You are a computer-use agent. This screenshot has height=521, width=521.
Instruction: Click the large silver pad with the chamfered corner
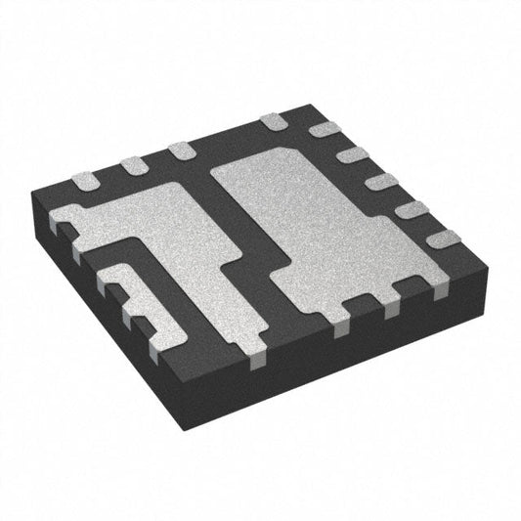(x=323, y=225)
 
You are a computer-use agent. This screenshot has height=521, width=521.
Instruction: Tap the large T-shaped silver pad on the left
(x=186, y=244)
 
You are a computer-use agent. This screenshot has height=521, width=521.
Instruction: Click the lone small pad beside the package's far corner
(x=273, y=121)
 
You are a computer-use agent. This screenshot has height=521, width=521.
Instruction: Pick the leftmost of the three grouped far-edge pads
(x=85, y=179)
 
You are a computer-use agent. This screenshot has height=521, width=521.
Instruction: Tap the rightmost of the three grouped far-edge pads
(x=180, y=151)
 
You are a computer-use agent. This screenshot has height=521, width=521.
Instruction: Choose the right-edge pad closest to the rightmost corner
(x=442, y=238)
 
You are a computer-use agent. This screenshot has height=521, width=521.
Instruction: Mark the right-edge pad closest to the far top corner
(x=324, y=130)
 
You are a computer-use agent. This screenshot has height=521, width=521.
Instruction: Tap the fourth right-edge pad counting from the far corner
(x=412, y=209)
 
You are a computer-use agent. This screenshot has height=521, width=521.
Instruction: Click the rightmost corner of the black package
(x=483, y=248)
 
